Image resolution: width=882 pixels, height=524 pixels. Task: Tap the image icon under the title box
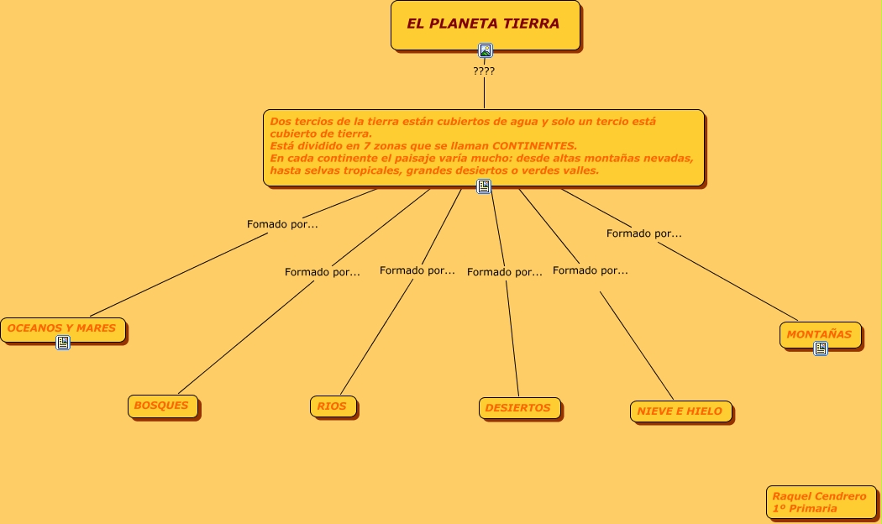click(485, 50)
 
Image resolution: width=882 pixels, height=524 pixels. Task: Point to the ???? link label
click(484, 71)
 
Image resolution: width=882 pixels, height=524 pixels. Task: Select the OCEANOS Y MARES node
click(62, 328)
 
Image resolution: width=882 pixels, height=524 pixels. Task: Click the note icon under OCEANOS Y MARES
click(63, 343)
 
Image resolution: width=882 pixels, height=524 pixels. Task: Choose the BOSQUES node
click(162, 406)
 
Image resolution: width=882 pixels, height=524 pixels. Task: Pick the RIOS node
click(332, 406)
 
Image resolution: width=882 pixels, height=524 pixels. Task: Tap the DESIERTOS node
click(518, 408)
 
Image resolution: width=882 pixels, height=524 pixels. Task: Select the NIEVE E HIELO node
click(680, 411)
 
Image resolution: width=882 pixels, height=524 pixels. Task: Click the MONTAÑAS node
click(819, 334)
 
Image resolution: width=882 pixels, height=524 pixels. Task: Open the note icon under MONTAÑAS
click(821, 348)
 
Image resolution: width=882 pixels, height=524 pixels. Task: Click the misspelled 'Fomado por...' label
click(282, 224)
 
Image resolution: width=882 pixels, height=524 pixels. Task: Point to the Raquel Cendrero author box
click(820, 501)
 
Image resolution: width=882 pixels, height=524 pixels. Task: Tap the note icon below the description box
click(484, 186)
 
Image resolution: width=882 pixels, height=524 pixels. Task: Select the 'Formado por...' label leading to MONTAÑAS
click(644, 233)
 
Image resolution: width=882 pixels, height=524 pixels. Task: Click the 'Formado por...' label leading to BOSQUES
click(323, 272)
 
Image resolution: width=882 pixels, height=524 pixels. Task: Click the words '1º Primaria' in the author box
click(805, 508)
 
